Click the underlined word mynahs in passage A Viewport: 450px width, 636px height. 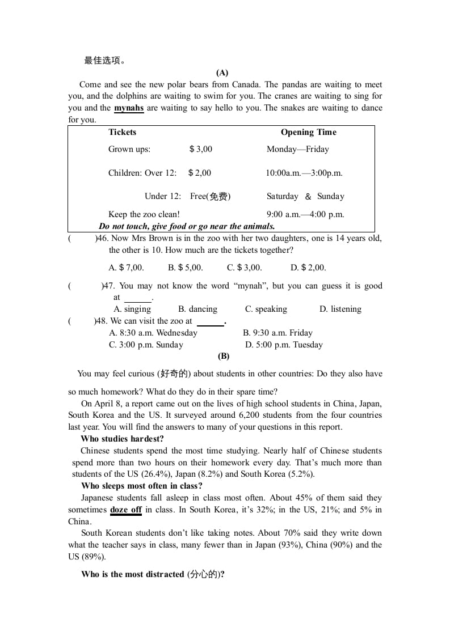pos(129,108)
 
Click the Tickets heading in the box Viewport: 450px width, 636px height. pos(123,132)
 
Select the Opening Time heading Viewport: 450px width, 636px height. pos(308,132)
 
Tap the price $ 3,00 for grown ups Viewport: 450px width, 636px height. pos(201,149)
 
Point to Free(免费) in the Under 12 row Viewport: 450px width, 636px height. pos(210,196)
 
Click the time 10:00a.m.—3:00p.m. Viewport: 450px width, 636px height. pos(304,173)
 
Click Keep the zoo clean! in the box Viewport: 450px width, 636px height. pos(144,214)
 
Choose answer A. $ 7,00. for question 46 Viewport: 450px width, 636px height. pos(126,268)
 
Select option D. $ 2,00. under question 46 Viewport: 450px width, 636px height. pos(308,268)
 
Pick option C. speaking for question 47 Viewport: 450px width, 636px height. pos(266,309)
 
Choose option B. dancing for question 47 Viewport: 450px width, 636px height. pos(197,309)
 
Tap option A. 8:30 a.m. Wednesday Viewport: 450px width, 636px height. pos(153,333)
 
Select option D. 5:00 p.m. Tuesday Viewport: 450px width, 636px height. pos(284,345)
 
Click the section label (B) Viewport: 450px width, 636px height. pos(224,356)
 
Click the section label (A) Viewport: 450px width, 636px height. pos(222,73)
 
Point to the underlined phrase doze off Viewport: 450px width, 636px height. pos(126,510)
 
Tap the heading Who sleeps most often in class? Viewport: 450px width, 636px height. pos(142,486)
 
